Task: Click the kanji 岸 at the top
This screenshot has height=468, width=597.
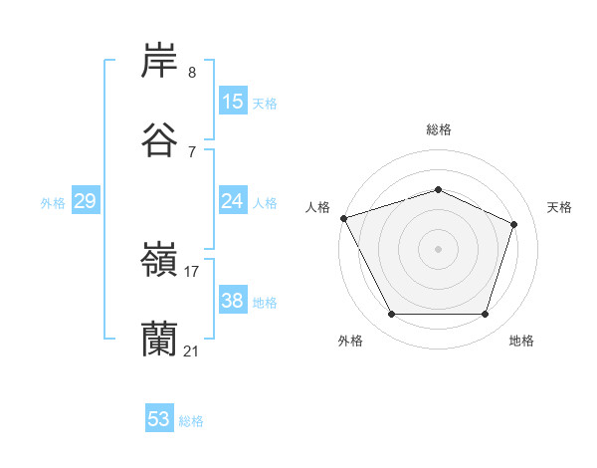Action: [x=159, y=62]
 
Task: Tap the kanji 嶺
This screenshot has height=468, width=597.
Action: [x=159, y=261]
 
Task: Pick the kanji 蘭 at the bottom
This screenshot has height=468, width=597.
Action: [x=159, y=340]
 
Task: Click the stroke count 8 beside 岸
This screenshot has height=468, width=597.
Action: [x=191, y=73]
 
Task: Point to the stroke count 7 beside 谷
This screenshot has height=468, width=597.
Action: [x=191, y=151]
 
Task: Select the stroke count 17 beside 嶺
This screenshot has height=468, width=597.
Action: [x=192, y=271]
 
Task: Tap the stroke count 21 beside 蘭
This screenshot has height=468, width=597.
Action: [x=192, y=351]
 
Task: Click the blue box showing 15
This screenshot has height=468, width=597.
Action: [x=233, y=102]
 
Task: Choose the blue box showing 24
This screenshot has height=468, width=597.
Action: [x=233, y=201]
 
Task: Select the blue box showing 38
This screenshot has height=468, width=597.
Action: [x=233, y=301]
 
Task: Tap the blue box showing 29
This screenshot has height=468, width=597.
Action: [x=85, y=201]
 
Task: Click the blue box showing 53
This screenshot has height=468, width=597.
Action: [x=159, y=419]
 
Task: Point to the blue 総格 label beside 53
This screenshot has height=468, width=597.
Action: [x=191, y=421]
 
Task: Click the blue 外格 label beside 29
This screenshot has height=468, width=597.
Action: [x=53, y=203]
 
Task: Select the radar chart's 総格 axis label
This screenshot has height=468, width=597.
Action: [x=439, y=129]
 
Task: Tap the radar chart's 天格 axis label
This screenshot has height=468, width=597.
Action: [x=559, y=207]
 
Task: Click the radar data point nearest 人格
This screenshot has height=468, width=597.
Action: [x=343, y=218]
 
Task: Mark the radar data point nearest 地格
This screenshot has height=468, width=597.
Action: [x=485, y=315]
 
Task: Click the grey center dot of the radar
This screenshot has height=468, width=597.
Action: [x=438, y=249]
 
